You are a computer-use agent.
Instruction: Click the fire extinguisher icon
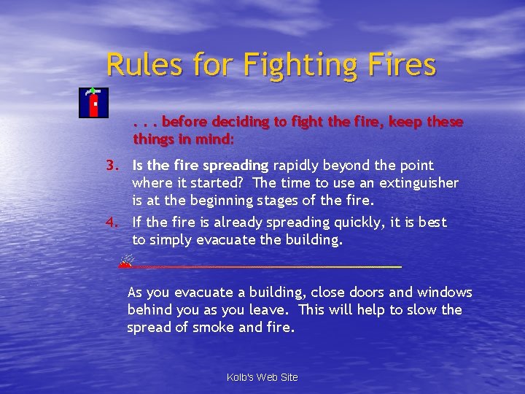click(x=93, y=103)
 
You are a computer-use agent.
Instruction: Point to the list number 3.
click(x=112, y=166)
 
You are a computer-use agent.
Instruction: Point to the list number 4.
click(x=112, y=223)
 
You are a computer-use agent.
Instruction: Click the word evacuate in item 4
click(x=227, y=240)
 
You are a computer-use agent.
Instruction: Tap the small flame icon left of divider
click(x=127, y=260)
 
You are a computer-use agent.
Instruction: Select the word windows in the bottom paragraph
click(x=444, y=293)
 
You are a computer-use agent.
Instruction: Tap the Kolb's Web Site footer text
click(x=262, y=377)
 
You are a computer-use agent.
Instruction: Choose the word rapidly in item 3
click(x=297, y=166)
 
